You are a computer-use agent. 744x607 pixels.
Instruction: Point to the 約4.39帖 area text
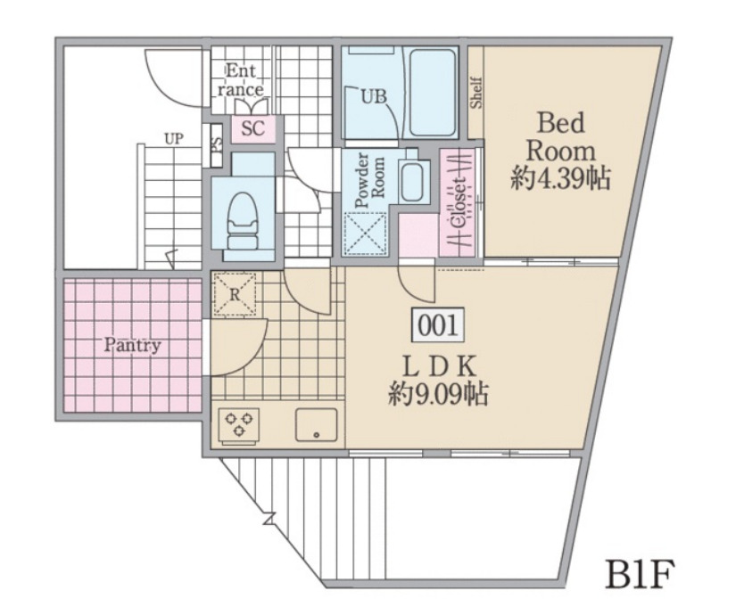click(560, 179)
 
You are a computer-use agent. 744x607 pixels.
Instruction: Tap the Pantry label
click(132, 345)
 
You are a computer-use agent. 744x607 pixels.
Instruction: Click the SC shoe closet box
click(253, 128)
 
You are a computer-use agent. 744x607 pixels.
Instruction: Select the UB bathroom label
click(373, 97)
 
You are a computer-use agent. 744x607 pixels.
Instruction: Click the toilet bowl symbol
click(242, 223)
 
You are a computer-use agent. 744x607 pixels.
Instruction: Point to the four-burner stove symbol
click(240, 423)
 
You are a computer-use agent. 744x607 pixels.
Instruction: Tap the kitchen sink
click(316, 424)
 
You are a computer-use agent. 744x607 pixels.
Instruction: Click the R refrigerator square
click(234, 293)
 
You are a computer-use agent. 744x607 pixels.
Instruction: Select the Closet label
click(459, 202)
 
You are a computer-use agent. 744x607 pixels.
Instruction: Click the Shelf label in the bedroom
click(476, 92)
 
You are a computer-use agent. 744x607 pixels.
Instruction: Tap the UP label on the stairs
click(174, 138)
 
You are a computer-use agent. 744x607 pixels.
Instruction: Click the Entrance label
click(241, 80)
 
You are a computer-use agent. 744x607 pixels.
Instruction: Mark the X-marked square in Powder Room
click(365, 233)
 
